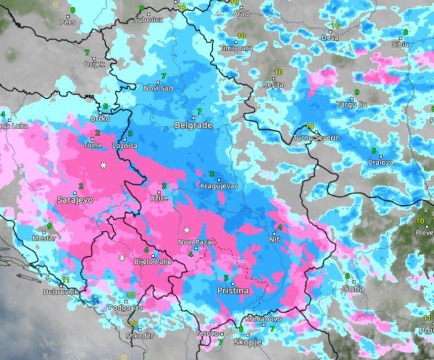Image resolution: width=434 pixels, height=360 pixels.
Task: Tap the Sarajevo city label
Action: point(74,200)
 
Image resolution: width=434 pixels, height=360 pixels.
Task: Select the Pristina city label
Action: point(232,291)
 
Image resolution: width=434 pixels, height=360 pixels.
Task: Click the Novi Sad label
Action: point(158,89)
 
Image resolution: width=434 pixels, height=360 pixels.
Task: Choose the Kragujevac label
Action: point(218,186)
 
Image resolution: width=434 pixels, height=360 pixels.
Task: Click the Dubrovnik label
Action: point(61,292)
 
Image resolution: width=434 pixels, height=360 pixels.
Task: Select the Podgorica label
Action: point(125,308)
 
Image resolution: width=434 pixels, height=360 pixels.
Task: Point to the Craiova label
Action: point(380,163)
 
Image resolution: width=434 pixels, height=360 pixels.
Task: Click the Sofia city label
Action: point(354,289)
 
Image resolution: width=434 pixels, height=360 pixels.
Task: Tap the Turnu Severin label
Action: point(317,137)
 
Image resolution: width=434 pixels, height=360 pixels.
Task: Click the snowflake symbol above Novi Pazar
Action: point(186,230)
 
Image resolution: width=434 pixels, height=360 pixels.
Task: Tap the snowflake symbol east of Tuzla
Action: point(104,165)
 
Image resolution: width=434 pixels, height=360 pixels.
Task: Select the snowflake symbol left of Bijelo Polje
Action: point(122,258)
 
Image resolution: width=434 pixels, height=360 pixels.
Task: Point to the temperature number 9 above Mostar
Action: point(49,226)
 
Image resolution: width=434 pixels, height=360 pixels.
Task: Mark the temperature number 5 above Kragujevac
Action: point(211,174)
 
